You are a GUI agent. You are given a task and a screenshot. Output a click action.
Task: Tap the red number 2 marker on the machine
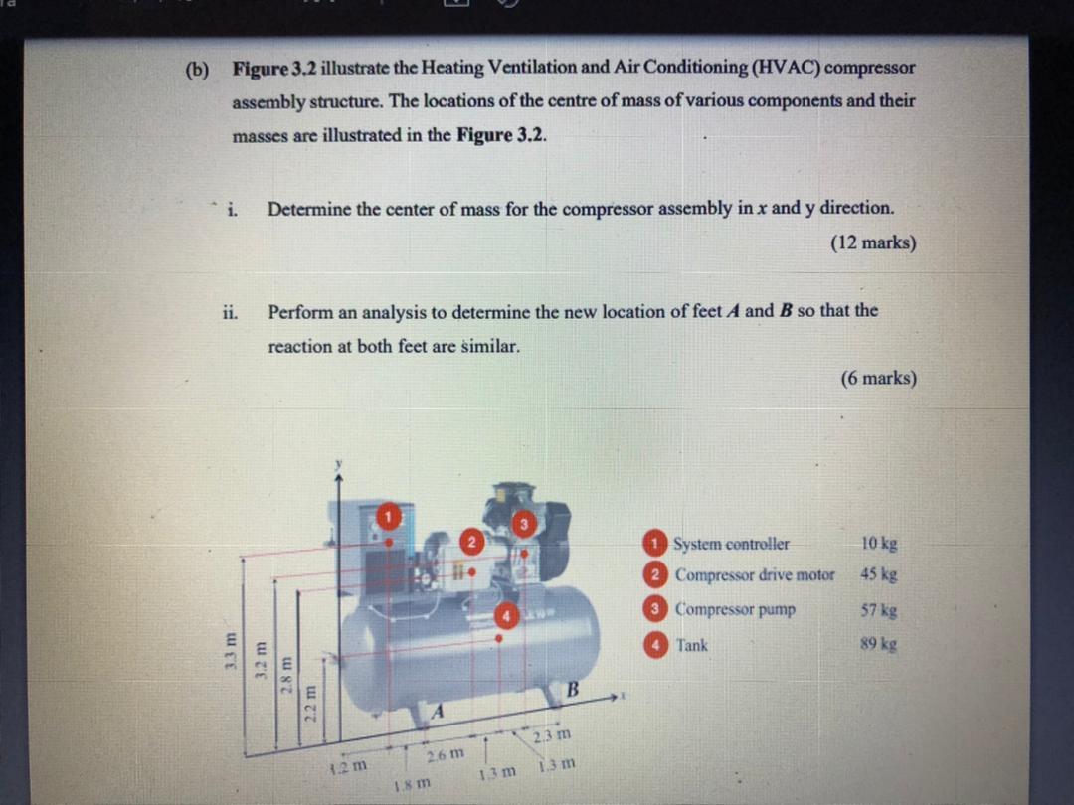click(472, 542)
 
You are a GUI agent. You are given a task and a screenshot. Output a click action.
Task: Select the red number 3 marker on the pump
click(524, 523)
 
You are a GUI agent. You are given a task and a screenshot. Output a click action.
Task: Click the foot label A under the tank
click(436, 712)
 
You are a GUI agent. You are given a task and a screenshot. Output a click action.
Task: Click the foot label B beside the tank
click(574, 689)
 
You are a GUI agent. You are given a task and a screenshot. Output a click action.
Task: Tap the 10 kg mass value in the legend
click(879, 544)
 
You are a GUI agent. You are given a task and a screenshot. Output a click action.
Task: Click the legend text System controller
click(731, 544)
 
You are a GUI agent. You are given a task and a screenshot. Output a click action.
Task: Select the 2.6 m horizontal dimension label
click(443, 755)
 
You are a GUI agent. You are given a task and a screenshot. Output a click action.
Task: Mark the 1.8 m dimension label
click(405, 784)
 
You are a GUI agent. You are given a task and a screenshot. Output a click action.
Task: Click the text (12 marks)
click(873, 242)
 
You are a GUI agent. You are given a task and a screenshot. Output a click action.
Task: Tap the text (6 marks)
click(878, 378)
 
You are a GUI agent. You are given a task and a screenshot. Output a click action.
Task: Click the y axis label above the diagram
click(338, 463)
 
